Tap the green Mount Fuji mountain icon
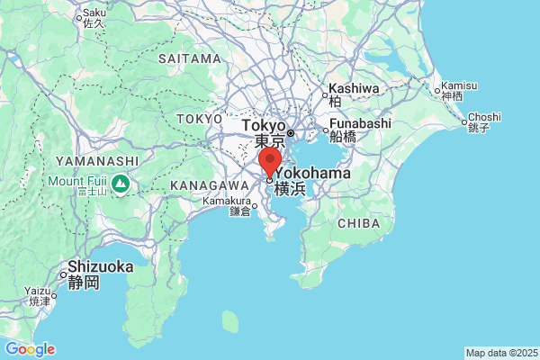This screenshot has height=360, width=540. click(x=120, y=184)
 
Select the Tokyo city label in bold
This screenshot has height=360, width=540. click(x=264, y=125)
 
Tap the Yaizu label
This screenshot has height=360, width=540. click(x=39, y=290)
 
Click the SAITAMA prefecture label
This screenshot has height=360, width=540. click(x=189, y=58)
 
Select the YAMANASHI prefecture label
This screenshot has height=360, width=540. click(x=96, y=161)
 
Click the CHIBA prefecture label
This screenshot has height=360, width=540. click(x=357, y=223)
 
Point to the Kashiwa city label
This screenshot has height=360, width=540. click(x=354, y=88)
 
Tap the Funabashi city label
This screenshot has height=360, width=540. click(x=360, y=123)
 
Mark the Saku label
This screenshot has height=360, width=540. click(x=94, y=13)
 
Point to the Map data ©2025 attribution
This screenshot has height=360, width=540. click(x=500, y=353)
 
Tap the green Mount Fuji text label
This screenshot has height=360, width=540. click(x=77, y=181)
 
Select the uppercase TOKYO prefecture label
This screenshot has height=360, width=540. click(x=199, y=119)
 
